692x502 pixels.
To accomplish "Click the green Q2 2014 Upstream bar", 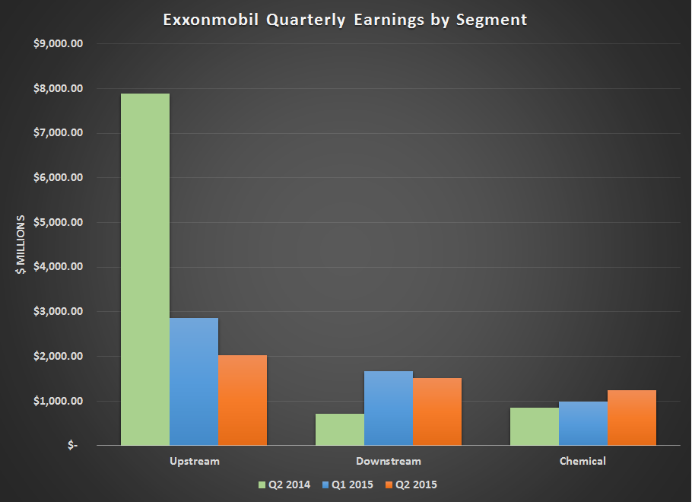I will point(145,269).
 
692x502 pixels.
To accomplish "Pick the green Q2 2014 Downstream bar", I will point(340,430).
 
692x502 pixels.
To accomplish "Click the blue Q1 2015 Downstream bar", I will point(389,408).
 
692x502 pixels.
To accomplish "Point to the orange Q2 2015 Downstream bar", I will point(437,411).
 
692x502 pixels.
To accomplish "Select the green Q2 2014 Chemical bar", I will point(535,427).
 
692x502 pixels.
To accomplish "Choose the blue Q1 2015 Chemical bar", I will point(583,424).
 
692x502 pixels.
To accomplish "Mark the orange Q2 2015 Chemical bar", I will point(632,418).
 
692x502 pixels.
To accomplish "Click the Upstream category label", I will point(195,461).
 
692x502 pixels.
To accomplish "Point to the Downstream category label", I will point(389,461).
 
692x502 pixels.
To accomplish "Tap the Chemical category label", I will point(583,461).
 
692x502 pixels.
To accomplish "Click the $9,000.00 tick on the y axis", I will point(63,43).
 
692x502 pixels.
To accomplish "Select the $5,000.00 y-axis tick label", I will point(63,222).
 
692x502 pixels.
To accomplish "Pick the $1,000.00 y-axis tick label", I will point(63,401).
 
